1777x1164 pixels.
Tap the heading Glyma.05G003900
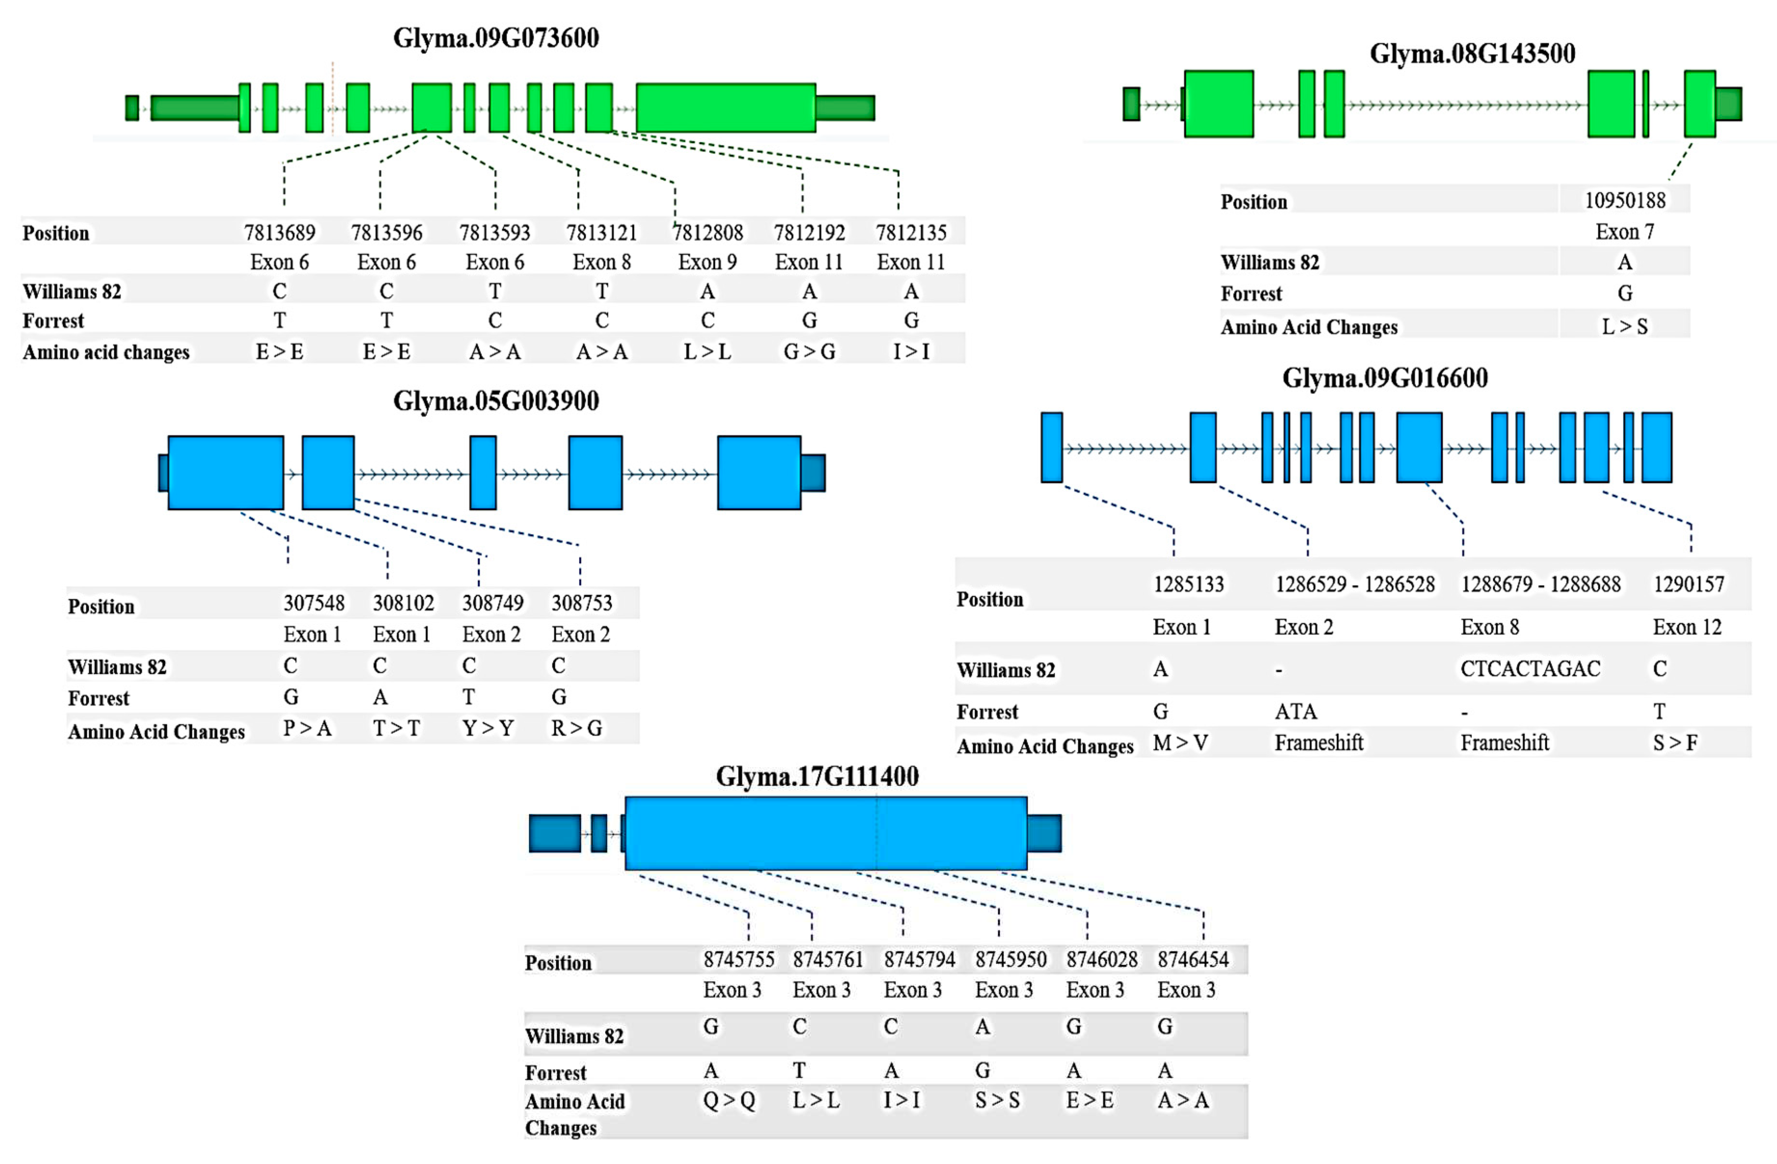pos(496,402)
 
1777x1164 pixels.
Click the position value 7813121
pos(602,233)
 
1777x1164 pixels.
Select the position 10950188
pos(1625,200)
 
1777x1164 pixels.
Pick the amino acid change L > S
pos(1625,326)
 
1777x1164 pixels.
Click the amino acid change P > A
pos(307,728)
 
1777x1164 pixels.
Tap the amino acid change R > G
pos(577,728)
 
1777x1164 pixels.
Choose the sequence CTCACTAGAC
pos(1530,669)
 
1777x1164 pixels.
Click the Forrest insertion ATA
pos(1295,711)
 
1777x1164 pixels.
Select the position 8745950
pos(1010,959)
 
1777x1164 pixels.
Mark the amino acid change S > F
pos(1675,743)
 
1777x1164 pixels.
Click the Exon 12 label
pos(1687,627)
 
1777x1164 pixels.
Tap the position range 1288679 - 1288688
pos(1540,584)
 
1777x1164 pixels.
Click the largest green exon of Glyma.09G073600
pos(725,108)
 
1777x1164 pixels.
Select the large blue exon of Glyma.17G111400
pos(825,833)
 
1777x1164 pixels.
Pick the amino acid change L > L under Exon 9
pos(707,352)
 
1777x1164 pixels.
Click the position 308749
pos(492,603)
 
